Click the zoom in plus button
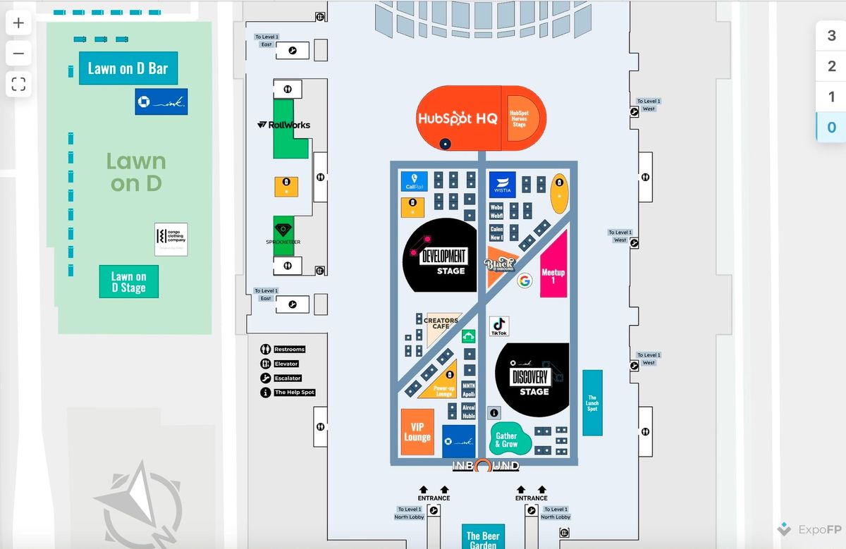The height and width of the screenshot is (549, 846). point(18,23)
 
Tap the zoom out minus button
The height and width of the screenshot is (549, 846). point(18,54)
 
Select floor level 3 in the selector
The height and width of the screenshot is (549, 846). point(831,36)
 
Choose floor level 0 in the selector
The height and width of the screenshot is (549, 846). point(831,128)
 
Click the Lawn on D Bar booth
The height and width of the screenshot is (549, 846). point(128,68)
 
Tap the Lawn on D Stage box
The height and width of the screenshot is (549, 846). point(128,282)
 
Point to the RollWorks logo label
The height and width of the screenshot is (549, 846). point(284,125)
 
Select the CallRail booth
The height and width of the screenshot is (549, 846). point(414,181)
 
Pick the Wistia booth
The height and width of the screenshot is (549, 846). point(502,185)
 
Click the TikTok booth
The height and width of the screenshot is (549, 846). point(499,326)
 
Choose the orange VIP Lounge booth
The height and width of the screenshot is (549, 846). point(417,432)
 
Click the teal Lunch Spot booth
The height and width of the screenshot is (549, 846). point(592,402)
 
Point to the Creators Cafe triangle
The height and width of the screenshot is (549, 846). point(439,326)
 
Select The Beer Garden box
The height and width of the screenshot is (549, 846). point(484,537)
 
